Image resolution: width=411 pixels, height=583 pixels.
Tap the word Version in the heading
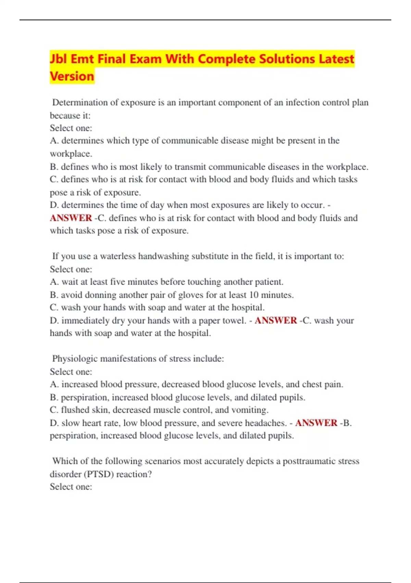72,76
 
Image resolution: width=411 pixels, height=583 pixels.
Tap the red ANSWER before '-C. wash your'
276,321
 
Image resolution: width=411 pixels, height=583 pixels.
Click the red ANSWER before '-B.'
316,423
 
